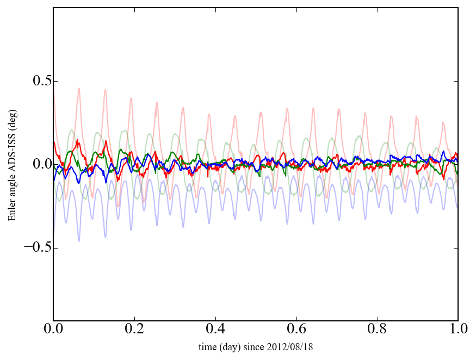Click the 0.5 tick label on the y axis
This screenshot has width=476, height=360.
point(36,82)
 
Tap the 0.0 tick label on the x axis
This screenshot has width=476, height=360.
point(53,330)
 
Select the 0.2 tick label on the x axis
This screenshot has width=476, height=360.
point(134,330)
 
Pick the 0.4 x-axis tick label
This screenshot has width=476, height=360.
point(215,330)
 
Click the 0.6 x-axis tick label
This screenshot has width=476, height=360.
point(296,330)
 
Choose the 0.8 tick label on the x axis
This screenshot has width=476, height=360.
point(377,330)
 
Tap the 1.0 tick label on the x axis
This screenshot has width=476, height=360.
point(458,330)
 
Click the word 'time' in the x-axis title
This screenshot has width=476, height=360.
point(207,346)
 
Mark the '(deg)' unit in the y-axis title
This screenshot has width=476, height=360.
point(12,130)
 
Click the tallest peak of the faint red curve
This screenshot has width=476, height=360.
point(79,88)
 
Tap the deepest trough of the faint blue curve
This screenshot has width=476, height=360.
point(79,241)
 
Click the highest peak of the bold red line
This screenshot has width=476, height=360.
point(78,140)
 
